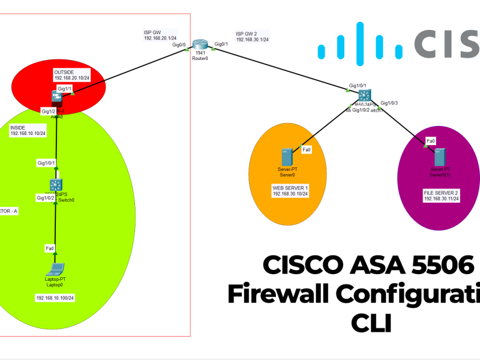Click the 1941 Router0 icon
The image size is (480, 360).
(x=200, y=45)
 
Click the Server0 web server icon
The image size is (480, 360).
(x=287, y=157)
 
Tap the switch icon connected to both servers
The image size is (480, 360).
(x=363, y=96)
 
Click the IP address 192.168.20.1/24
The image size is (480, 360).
(x=160, y=38)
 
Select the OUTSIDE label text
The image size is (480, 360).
(x=65, y=71)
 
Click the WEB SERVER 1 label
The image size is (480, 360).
(x=290, y=188)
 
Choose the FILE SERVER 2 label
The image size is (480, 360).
(x=441, y=191)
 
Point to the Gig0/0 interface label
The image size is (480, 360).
(x=179, y=45)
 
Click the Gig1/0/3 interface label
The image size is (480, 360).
(x=389, y=103)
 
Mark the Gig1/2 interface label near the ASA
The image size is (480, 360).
(x=48, y=112)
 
